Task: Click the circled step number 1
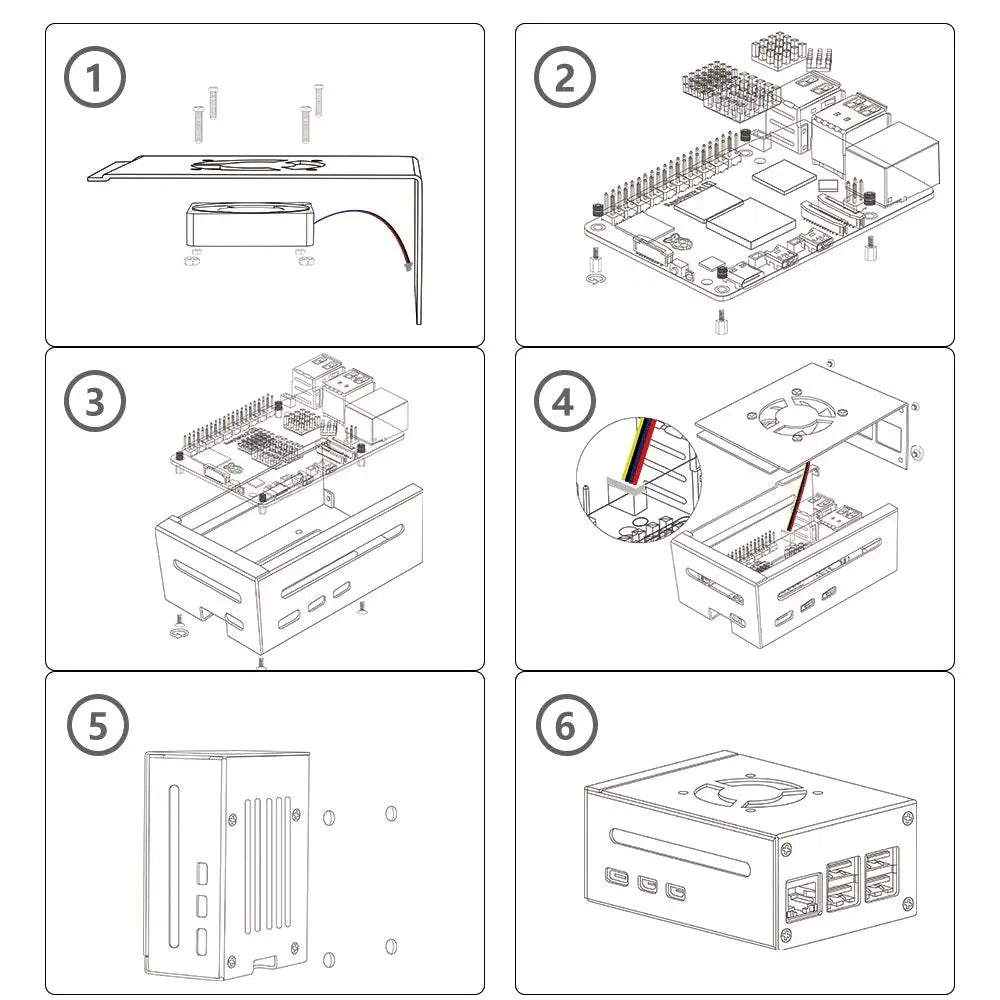(95, 78)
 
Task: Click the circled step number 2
(565, 78)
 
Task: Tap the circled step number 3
(95, 402)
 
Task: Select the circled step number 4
(565, 402)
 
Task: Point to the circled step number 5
(97, 726)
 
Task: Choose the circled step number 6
(565, 726)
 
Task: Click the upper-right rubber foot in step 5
(391, 813)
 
